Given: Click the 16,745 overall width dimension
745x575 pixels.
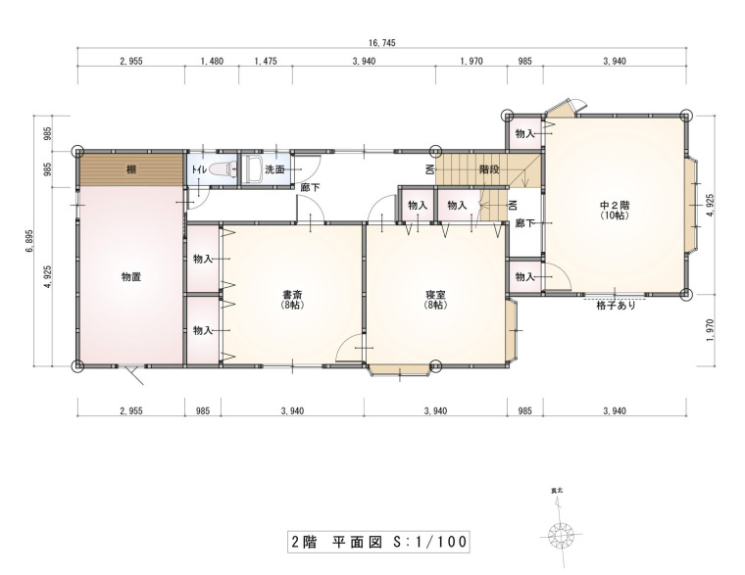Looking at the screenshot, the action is (x=381, y=43).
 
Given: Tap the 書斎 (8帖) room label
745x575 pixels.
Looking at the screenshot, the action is (x=292, y=300).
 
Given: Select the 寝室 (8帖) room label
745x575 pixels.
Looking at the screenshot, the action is (x=435, y=300).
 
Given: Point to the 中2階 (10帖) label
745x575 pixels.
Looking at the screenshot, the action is (x=615, y=211).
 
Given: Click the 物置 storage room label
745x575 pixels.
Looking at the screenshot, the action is (x=131, y=277).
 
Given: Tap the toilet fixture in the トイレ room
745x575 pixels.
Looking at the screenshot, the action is (x=223, y=169).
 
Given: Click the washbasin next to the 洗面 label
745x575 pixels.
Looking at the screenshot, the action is (x=252, y=169).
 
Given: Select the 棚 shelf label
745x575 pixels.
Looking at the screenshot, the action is (x=131, y=169).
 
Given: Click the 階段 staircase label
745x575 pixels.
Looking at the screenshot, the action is (x=489, y=169).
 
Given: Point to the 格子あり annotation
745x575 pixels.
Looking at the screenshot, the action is (x=616, y=306).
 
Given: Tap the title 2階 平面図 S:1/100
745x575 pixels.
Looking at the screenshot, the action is (x=378, y=542).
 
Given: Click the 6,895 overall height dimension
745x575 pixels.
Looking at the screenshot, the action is (x=29, y=241).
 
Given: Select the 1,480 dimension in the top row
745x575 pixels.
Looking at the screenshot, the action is (x=212, y=61).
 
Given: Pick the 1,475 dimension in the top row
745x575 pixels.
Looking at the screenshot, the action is (x=266, y=61).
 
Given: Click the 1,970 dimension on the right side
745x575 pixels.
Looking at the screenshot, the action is (x=710, y=330).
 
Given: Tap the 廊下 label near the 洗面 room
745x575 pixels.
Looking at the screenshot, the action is (x=310, y=187).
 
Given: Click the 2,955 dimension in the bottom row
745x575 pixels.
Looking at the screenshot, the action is (x=131, y=410).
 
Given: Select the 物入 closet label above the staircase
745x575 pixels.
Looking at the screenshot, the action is (x=525, y=134).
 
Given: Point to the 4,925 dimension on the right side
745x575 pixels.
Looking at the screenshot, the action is (x=710, y=205).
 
